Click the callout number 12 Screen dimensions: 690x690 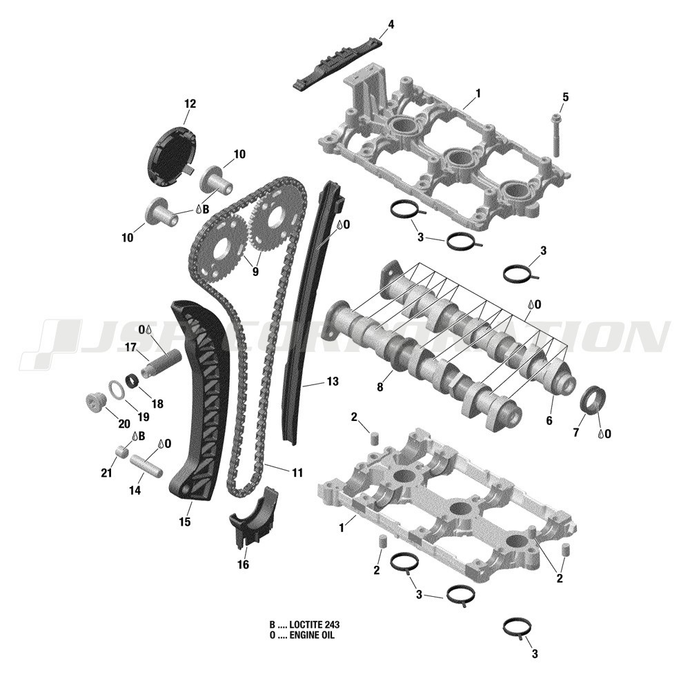pyautogui.click(x=190, y=104)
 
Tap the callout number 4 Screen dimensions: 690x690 pyautogui.click(x=391, y=25)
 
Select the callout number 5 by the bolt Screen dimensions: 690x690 pyautogui.click(x=566, y=97)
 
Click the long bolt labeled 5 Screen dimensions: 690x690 pyautogui.click(x=555, y=135)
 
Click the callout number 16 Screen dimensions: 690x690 pyautogui.click(x=243, y=564)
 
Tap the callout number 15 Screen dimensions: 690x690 pyautogui.click(x=185, y=522)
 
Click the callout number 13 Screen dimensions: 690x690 pyautogui.click(x=333, y=381)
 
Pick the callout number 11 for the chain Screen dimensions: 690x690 pyautogui.click(x=297, y=473)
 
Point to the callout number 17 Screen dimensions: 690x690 pyautogui.click(x=131, y=346)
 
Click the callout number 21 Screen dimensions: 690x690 pyautogui.click(x=106, y=473)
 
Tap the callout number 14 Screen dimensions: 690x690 pyautogui.click(x=135, y=490)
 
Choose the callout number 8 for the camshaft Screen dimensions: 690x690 pyautogui.click(x=379, y=388)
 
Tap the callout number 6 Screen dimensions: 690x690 pyautogui.click(x=550, y=420)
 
